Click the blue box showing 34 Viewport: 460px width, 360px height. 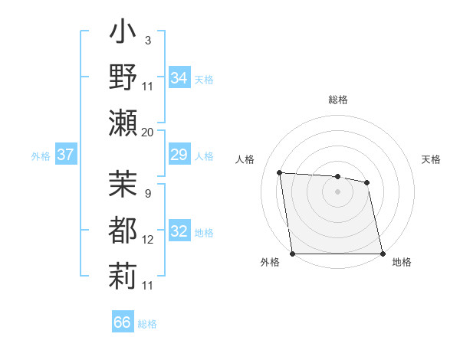coord(179,78)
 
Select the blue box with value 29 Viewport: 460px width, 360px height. coord(179,155)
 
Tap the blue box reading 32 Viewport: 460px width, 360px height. coord(179,232)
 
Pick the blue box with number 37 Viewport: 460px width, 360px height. coord(65,155)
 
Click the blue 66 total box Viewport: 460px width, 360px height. coord(122,322)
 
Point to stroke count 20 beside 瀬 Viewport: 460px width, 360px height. coord(148,133)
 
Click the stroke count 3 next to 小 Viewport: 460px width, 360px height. coord(147,40)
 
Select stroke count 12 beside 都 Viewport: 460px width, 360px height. coord(148,240)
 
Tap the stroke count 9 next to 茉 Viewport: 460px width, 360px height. coord(147,193)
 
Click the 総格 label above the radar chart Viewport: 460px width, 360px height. coord(338,100)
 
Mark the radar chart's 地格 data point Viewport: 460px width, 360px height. coord(382,254)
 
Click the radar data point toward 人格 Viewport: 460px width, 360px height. coord(280,172)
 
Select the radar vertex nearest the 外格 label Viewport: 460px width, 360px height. coord(293,254)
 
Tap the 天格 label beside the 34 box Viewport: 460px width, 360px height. coord(203,79)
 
